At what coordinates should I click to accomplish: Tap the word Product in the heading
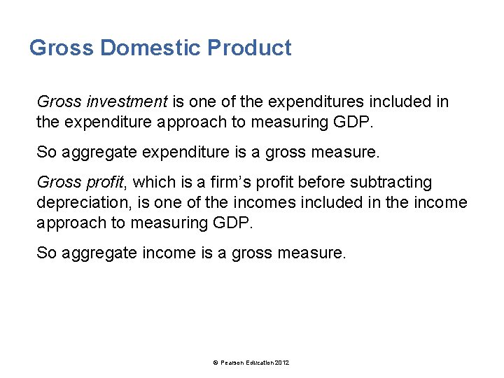tap(249, 48)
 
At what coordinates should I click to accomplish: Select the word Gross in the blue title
tap(62, 48)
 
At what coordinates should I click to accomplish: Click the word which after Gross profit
tap(152, 183)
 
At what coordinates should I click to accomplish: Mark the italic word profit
tap(103, 183)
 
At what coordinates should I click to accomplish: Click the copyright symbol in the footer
tap(215, 362)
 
